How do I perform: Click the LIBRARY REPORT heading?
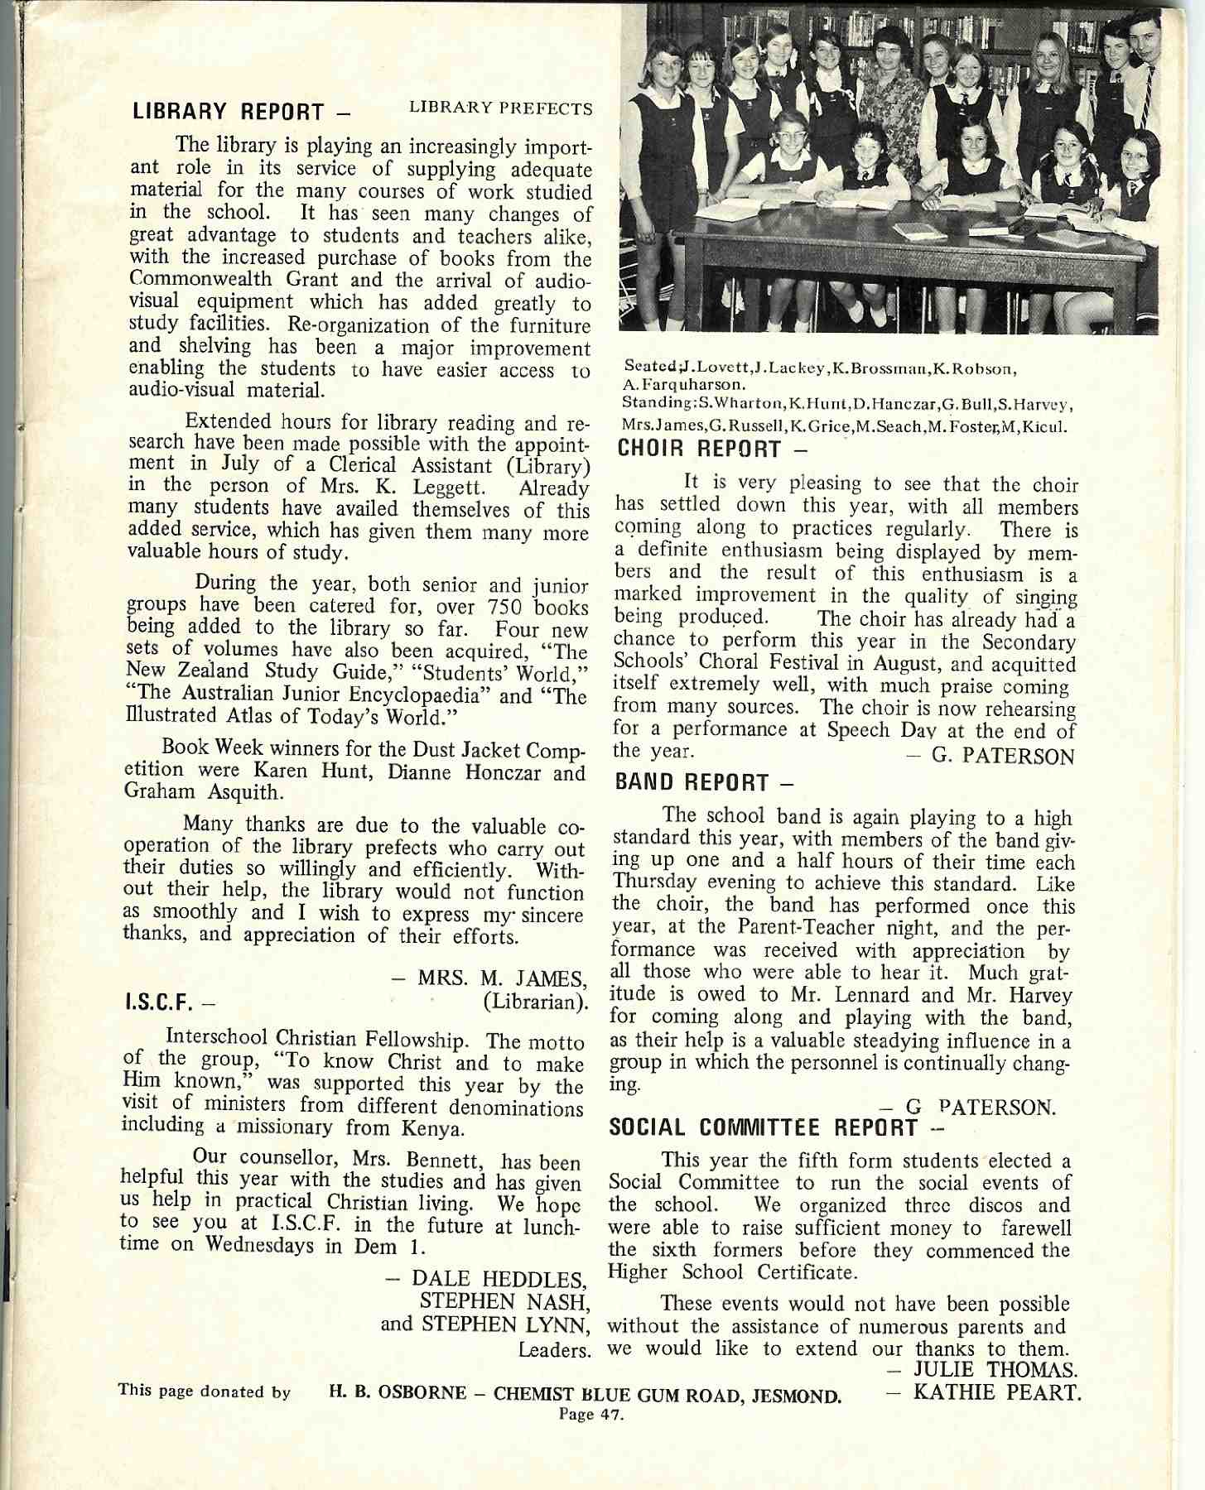click(x=240, y=111)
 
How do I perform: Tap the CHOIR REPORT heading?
click(x=712, y=449)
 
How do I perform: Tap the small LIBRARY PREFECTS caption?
click(x=501, y=109)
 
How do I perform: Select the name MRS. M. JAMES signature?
click(x=502, y=978)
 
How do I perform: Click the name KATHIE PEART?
click(x=997, y=1392)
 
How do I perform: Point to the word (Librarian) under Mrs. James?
click(x=534, y=1002)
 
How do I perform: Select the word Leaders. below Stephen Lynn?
click(x=554, y=1351)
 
